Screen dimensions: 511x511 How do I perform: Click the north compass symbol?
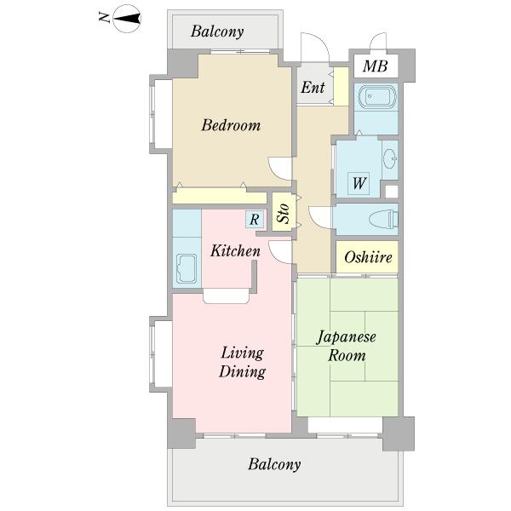(127, 18)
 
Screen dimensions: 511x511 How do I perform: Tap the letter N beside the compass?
(104, 18)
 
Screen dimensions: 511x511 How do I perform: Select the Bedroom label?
(230, 126)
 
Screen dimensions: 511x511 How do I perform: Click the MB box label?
(375, 66)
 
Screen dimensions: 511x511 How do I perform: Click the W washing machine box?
(359, 182)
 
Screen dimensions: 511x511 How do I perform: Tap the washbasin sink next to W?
(390, 158)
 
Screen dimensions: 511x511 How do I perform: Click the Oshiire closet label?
(369, 258)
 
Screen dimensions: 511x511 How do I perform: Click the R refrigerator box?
(254, 220)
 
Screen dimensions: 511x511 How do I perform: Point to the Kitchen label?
(235, 251)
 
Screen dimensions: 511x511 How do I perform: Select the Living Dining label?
(242, 362)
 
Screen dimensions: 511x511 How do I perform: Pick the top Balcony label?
(217, 32)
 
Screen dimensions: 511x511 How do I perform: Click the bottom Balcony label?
(274, 465)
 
